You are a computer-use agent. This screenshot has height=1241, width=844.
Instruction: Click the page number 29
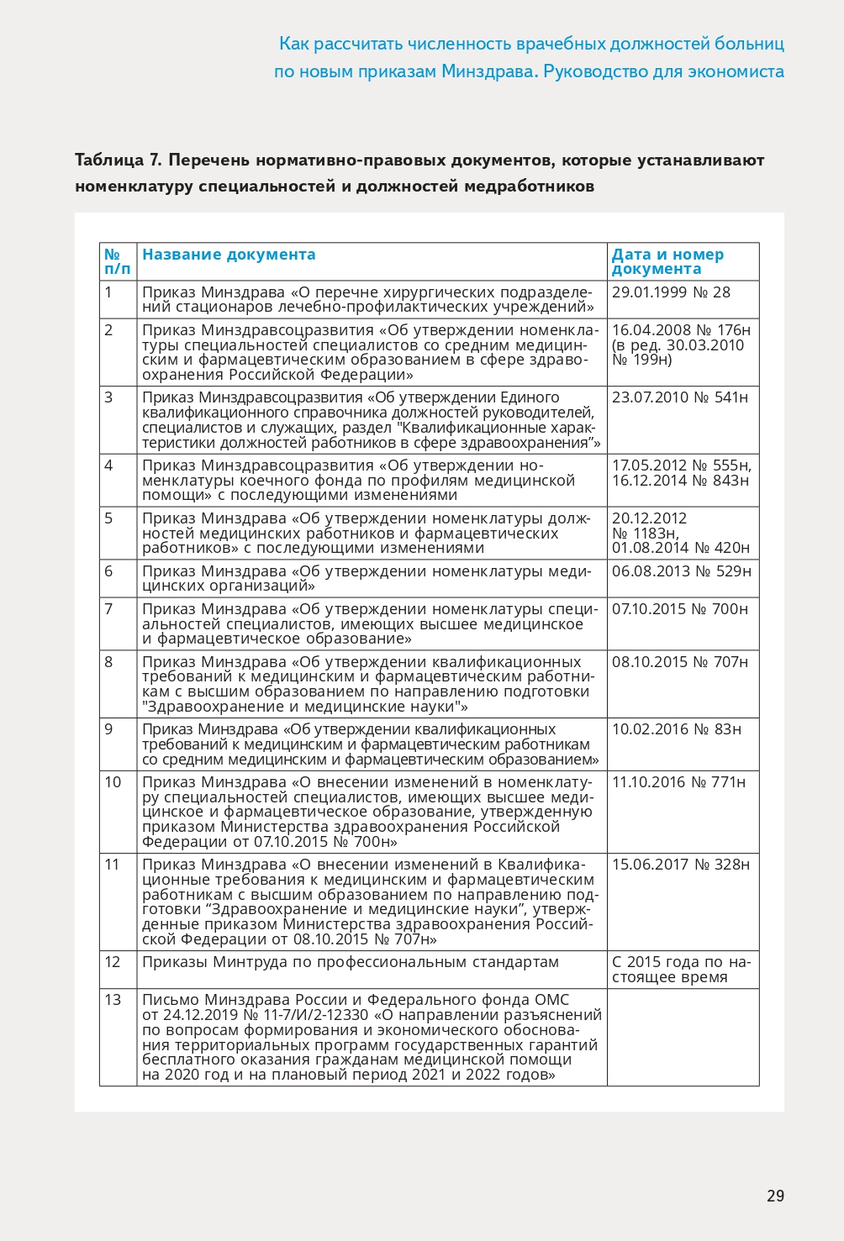775,1196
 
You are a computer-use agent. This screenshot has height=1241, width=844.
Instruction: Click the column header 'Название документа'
229,255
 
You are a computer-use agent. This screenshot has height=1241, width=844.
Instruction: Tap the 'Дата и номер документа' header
667,261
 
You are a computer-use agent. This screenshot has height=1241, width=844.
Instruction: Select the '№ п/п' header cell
117,261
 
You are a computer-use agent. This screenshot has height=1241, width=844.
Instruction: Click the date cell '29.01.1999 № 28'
671,292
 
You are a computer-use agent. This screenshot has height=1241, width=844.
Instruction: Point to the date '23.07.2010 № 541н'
679,397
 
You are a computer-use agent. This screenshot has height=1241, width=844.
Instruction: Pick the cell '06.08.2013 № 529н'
681,571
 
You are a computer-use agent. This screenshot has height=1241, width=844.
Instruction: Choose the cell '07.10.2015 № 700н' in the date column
679,609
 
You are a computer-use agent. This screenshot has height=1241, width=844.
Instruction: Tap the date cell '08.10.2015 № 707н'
679,662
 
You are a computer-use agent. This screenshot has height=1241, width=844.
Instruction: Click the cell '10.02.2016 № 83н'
676,729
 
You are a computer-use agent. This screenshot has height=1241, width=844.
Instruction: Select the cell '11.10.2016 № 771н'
678,782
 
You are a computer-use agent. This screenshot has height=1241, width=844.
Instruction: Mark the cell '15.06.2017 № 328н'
680,865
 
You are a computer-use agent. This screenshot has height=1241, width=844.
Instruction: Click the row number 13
113,1000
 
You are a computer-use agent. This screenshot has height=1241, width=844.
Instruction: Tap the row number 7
108,609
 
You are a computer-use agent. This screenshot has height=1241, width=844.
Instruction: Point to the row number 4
108,465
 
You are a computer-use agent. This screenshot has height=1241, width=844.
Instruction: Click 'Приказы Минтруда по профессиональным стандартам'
350,962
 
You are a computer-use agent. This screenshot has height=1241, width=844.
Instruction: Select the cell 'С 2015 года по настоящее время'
681,970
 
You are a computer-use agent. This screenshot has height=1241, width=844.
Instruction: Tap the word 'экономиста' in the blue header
736,71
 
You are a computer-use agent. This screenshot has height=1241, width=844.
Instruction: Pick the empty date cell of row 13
683,1038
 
